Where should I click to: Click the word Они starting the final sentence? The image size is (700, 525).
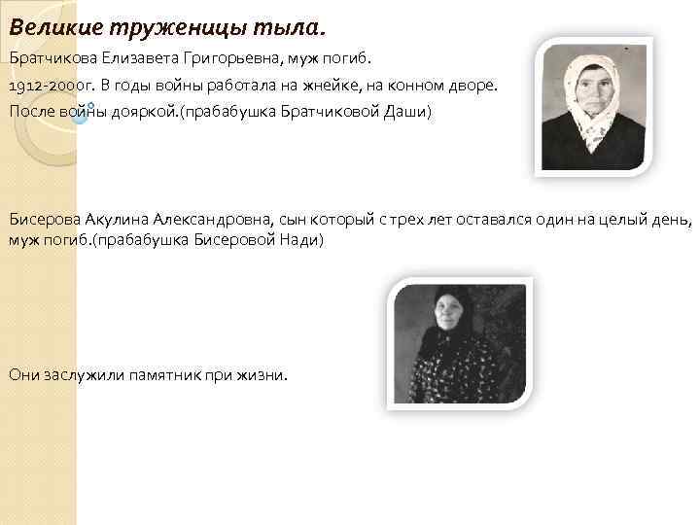[24, 375]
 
